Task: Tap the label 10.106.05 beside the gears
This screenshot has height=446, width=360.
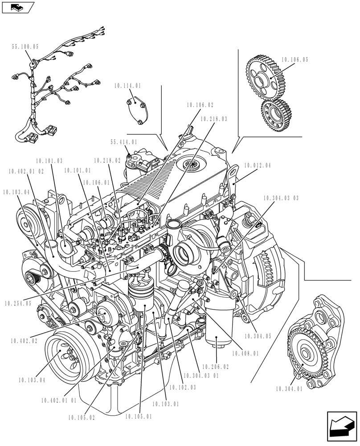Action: (295, 59)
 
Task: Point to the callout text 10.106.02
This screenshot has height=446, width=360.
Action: (200, 105)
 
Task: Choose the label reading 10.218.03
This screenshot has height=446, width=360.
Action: (213, 119)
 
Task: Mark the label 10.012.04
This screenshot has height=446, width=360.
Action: (257, 165)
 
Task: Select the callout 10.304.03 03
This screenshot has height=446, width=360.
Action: (281, 198)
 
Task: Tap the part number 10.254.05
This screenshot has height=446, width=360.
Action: (18, 303)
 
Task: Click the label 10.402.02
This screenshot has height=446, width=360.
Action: (24, 341)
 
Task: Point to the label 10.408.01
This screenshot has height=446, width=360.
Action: (245, 353)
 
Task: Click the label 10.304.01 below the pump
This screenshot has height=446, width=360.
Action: (288, 389)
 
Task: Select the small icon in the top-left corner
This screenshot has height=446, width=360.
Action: (17, 7)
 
